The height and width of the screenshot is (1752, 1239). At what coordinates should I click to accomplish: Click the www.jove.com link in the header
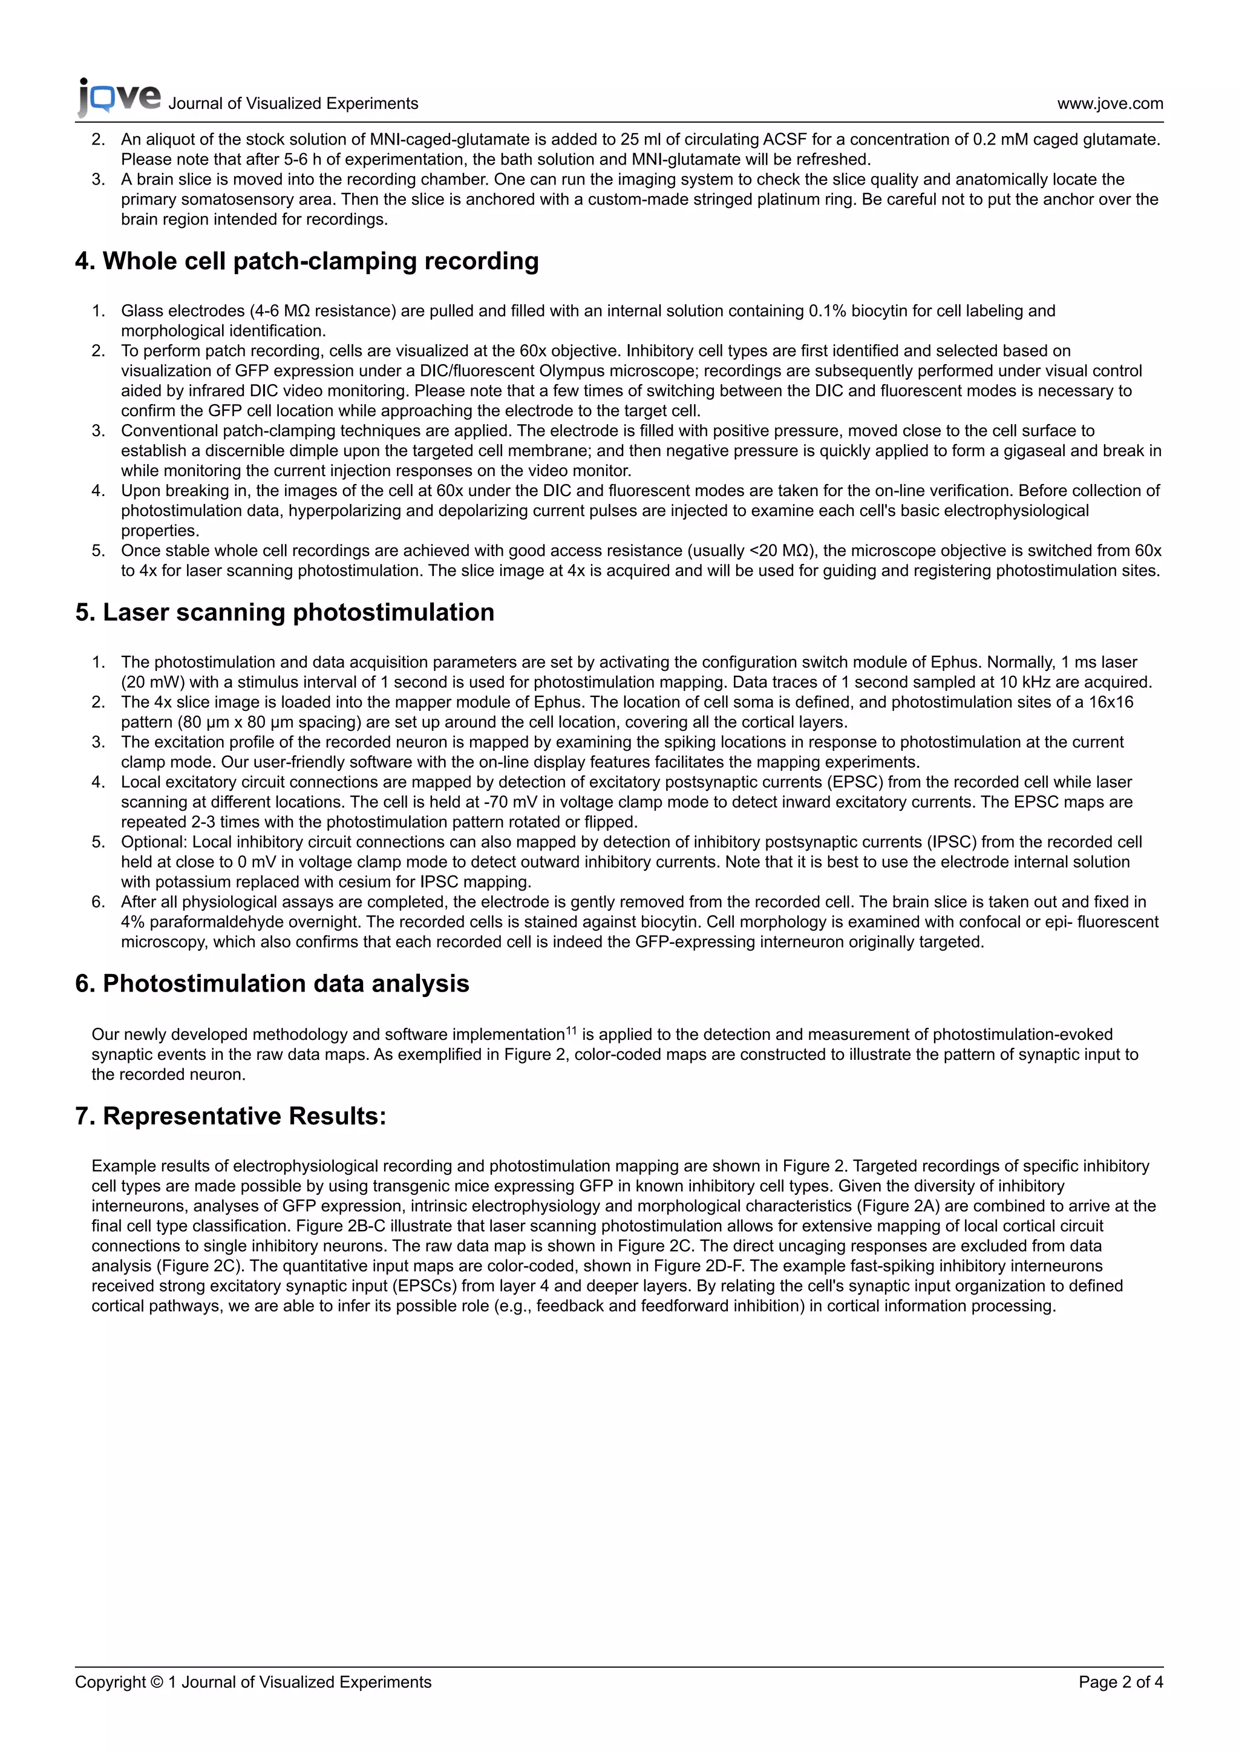pos(1110,104)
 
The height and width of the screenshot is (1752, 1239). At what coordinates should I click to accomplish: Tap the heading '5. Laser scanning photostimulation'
pos(284,612)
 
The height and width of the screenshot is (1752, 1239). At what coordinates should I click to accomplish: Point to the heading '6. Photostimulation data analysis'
pos(272,984)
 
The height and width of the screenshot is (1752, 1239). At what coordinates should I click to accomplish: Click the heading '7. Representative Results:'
pos(230,1116)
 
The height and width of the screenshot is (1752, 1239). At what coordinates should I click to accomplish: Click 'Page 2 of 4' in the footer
pos(1120,1682)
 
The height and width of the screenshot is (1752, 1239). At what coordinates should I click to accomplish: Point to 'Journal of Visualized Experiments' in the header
pos(293,104)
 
